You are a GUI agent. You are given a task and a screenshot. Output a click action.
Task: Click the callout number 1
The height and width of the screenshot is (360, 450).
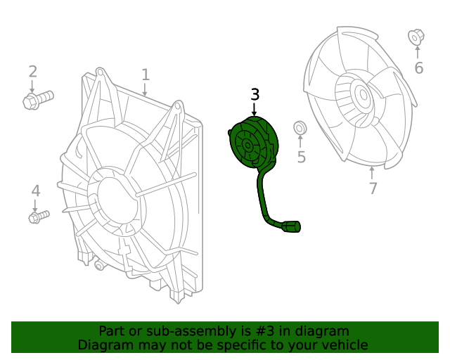[146, 75]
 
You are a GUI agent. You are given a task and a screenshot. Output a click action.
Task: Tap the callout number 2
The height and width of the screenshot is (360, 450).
[32, 71]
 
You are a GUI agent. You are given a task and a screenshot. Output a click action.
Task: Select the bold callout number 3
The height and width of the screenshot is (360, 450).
[255, 94]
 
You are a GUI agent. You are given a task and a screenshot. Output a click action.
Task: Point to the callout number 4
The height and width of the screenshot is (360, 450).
[35, 191]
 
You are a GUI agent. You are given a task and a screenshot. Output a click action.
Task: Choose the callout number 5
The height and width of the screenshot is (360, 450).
[301, 157]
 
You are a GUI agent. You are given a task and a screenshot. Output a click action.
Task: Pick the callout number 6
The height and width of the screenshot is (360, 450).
[418, 68]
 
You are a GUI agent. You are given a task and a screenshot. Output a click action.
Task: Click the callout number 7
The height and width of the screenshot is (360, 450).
[373, 188]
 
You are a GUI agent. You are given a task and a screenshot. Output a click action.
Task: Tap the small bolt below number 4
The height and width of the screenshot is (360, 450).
[38, 217]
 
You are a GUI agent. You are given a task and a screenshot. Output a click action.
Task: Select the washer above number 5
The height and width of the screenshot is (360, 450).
[300, 128]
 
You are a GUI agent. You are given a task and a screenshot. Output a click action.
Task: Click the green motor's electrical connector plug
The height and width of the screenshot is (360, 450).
[291, 226]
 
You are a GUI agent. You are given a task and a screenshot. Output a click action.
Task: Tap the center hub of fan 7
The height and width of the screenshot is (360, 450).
[361, 94]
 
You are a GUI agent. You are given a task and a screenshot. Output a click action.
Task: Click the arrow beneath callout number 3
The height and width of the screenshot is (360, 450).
[255, 109]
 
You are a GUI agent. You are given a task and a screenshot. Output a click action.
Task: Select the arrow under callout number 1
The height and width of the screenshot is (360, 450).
[146, 90]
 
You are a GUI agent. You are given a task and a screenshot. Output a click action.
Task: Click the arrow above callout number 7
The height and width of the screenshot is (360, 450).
[372, 171]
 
